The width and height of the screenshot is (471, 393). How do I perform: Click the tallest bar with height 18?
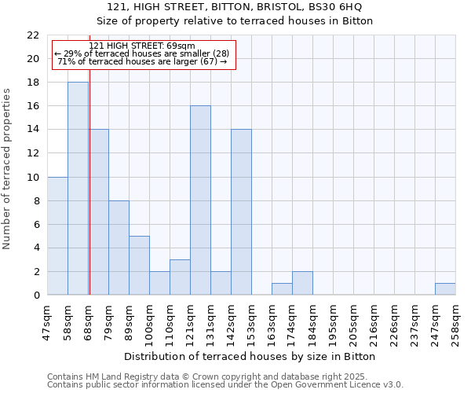pos(78,189)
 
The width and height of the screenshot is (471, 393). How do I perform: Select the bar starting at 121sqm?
pos(200,200)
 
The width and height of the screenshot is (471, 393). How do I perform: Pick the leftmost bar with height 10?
pos(57,236)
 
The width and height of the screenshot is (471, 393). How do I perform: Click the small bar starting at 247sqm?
pos(445,289)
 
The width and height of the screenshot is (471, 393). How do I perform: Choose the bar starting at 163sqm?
pos(282,289)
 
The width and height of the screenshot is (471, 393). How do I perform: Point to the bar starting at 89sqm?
pos(139,266)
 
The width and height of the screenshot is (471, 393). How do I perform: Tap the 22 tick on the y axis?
pos(33,35)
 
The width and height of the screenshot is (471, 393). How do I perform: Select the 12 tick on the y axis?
pos(33,153)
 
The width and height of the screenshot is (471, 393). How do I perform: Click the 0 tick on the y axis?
pos(36,296)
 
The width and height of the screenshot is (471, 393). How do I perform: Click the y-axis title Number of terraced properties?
pos(7,169)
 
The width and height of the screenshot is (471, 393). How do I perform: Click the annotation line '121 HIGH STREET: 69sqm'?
pos(142,46)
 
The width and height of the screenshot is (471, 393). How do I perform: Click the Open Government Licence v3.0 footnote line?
pos(225,385)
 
